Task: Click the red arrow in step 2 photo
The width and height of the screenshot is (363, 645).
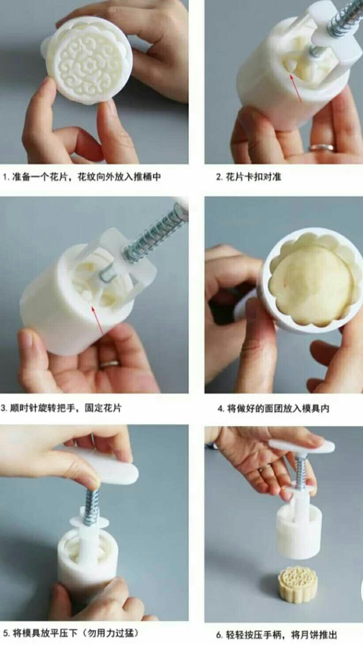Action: click(296, 88)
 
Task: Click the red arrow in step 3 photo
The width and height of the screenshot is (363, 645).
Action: click(98, 321)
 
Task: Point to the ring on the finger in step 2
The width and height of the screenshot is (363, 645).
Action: click(321, 148)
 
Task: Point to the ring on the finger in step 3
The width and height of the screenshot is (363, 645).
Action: click(109, 364)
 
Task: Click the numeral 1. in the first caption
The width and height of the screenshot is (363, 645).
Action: click(6, 177)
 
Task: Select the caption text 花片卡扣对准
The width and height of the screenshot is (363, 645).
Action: click(253, 176)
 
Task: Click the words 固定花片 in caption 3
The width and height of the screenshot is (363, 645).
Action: click(103, 408)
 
